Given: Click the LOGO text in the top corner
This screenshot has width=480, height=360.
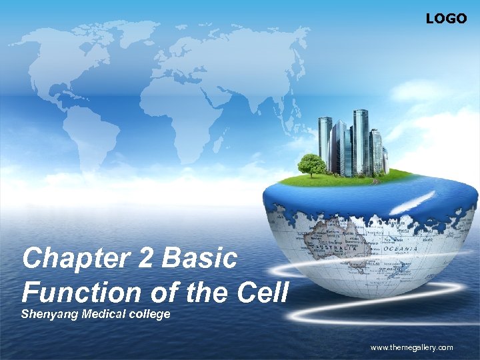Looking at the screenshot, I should (446, 19).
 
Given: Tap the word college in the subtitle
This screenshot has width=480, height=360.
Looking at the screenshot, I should (149, 313).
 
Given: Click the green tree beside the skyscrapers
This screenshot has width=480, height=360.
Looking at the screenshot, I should (311, 164).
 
